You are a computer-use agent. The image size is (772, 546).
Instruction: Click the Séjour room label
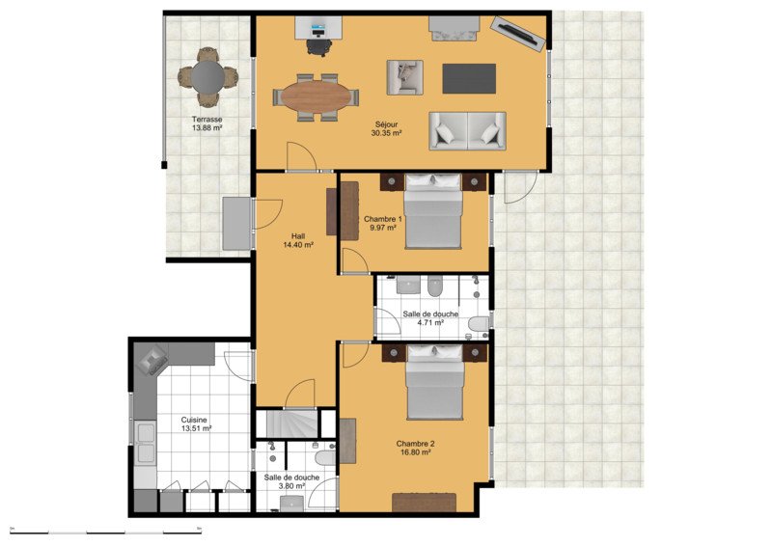click(x=387, y=124)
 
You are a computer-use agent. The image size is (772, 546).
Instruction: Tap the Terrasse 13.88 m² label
click(x=207, y=123)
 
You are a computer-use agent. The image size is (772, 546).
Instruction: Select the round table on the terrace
click(x=207, y=76)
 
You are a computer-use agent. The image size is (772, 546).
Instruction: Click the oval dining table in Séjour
click(x=317, y=96)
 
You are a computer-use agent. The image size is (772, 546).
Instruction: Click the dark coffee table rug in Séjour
click(x=469, y=78)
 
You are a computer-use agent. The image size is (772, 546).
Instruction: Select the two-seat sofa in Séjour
click(x=467, y=131)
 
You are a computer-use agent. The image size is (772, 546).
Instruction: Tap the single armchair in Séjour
click(x=404, y=77)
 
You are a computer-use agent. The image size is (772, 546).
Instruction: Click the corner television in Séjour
click(x=519, y=33)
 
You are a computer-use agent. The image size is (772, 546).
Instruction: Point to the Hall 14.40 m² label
click(x=298, y=240)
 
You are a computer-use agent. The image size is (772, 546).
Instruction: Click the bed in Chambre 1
click(x=433, y=211)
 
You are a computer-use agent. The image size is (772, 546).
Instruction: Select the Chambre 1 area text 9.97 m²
click(x=383, y=228)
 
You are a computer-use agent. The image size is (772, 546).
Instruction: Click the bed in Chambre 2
click(x=435, y=382)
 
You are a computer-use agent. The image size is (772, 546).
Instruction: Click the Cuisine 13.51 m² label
click(x=196, y=424)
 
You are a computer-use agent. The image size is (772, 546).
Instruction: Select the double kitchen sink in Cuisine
click(x=146, y=443)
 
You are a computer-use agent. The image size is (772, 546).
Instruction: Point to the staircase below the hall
click(x=292, y=423)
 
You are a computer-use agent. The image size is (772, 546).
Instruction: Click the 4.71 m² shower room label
click(x=430, y=323)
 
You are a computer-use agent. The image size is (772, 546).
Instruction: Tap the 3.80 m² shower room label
click(x=291, y=486)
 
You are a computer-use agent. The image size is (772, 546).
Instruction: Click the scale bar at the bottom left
click(x=106, y=532)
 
